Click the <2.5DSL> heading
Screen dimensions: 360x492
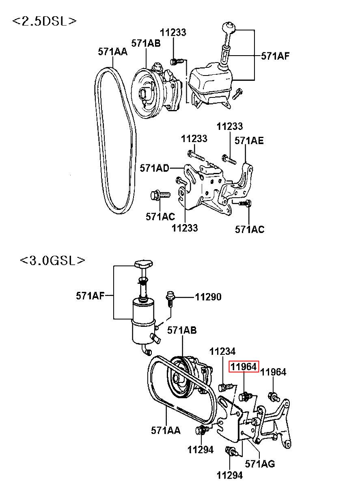(44, 21)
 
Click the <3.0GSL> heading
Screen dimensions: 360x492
(52, 261)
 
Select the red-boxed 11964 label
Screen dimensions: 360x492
(244, 367)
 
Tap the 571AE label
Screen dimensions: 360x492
(249, 140)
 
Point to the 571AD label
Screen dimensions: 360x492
(154, 168)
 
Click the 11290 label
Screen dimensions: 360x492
(208, 297)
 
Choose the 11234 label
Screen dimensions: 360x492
(222, 352)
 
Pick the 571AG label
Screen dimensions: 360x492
(260, 464)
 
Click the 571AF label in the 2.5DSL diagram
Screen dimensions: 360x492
(275, 56)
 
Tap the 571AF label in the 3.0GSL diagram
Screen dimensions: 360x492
(90, 296)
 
